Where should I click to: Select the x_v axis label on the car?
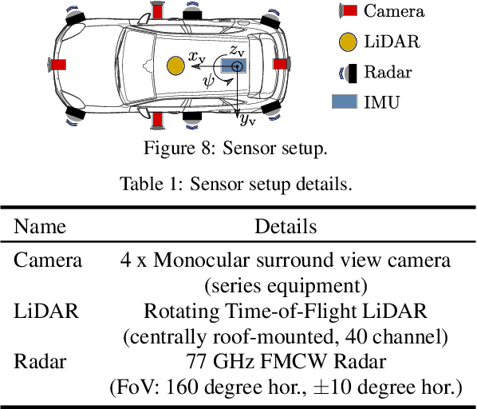(196, 56)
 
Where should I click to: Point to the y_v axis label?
(247, 119)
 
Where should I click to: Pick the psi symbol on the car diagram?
(209, 80)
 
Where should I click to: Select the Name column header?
(41, 226)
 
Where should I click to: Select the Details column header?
(286, 226)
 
